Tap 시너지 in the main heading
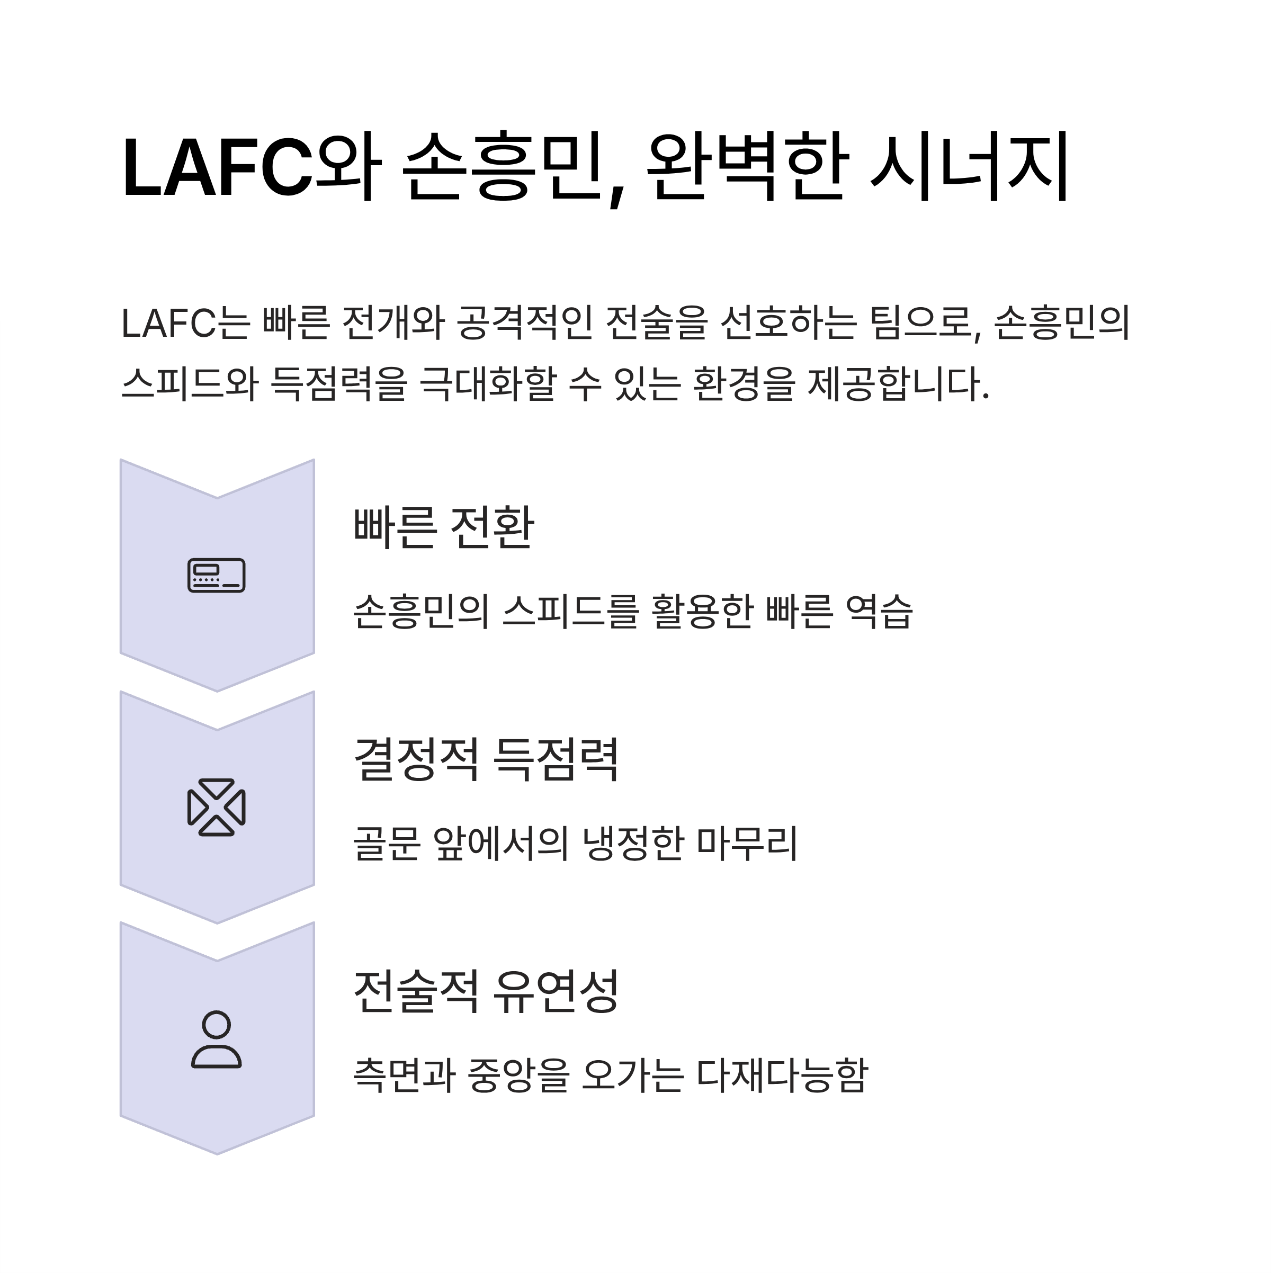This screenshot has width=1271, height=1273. (969, 167)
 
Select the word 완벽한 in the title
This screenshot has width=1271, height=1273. (745, 167)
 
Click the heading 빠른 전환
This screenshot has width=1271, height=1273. (443, 527)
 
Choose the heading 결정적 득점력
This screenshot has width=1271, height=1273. (487, 759)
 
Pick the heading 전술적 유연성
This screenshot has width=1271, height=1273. (487, 991)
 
